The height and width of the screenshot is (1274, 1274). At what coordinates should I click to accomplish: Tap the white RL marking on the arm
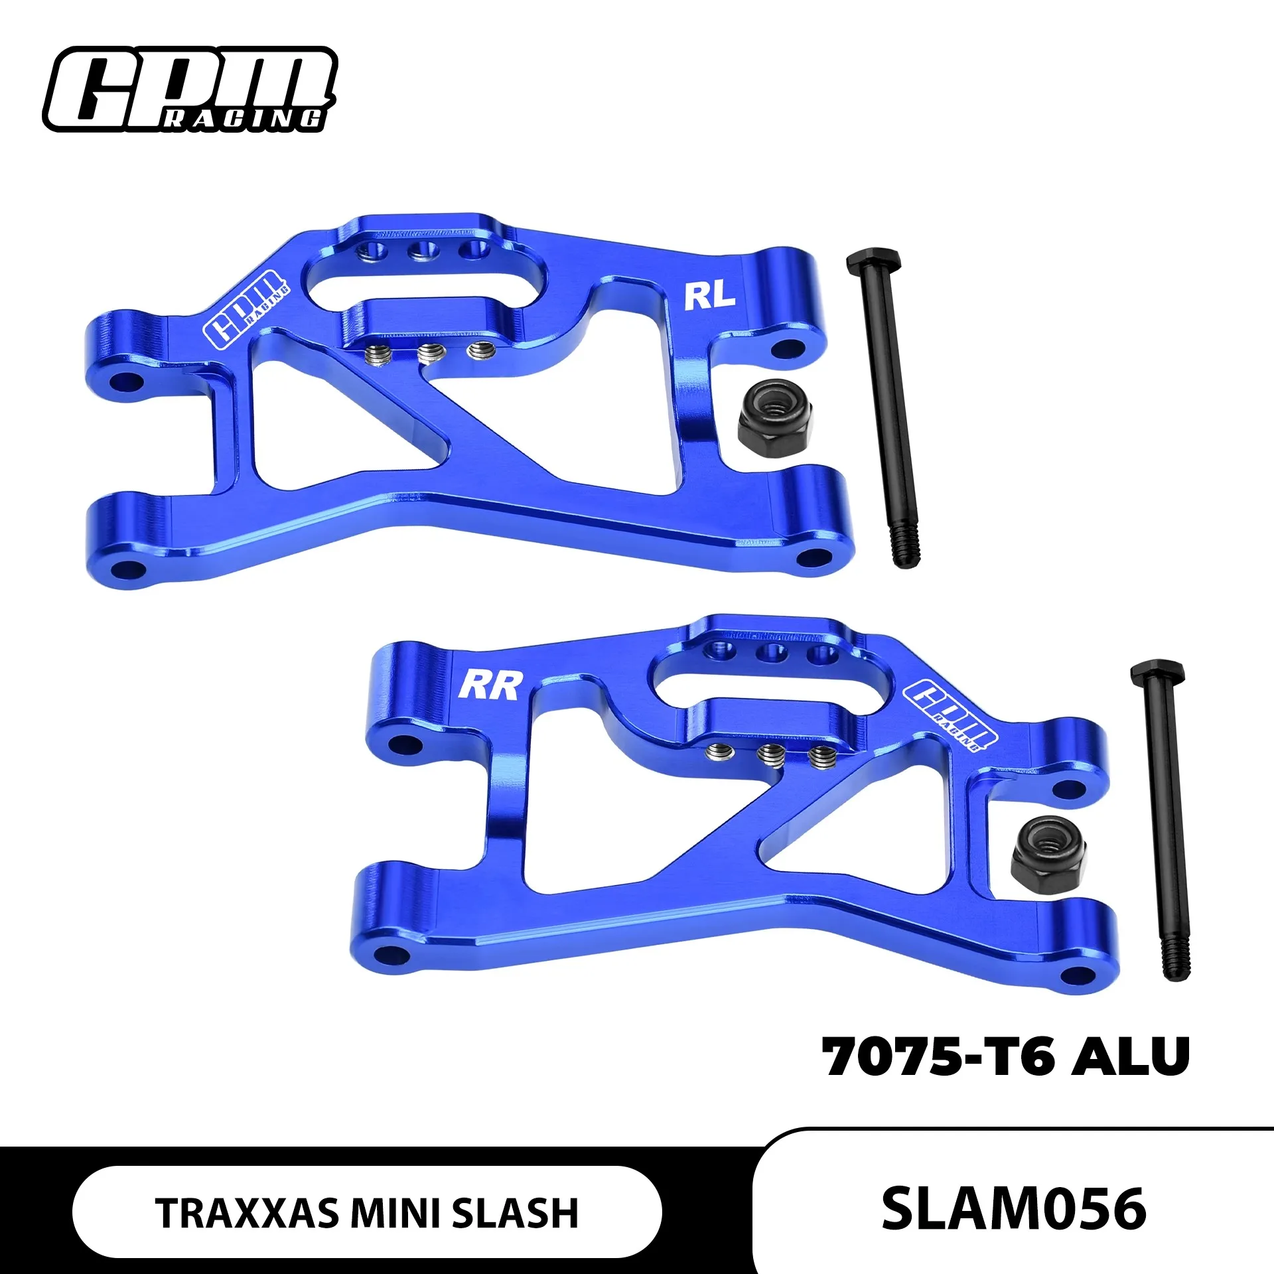coord(709,298)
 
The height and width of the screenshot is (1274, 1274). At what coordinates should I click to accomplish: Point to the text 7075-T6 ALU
coord(1005,1057)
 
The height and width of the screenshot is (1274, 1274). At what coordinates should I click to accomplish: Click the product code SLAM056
coord(1014,1209)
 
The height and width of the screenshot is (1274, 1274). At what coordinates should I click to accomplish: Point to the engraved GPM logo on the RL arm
coord(246,309)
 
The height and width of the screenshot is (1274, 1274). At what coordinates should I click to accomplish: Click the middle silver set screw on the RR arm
coord(770,754)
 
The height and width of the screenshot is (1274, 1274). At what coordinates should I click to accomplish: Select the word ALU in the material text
coord(1131,1057)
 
